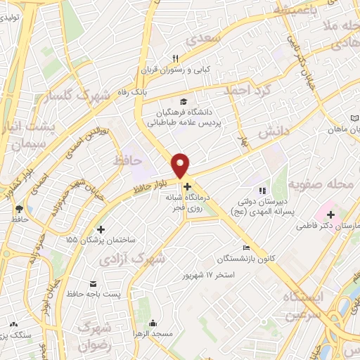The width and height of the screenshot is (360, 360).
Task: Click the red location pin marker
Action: click(181, 165)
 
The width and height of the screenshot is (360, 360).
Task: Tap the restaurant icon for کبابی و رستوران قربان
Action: click(176, 59)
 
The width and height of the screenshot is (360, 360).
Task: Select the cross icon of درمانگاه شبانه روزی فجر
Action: click(186, 186)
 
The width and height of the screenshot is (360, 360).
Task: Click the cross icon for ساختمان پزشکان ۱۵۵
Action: click(101, 229)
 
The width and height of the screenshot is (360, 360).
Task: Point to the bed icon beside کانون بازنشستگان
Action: click(245, 247)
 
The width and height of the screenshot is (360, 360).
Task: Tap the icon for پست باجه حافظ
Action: click(93, 283)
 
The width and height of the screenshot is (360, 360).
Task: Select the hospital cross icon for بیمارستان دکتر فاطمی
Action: click(330, 213)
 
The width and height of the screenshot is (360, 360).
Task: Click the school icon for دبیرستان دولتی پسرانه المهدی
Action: click(262, 190)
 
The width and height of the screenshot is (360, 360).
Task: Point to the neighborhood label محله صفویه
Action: click(324, 186)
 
